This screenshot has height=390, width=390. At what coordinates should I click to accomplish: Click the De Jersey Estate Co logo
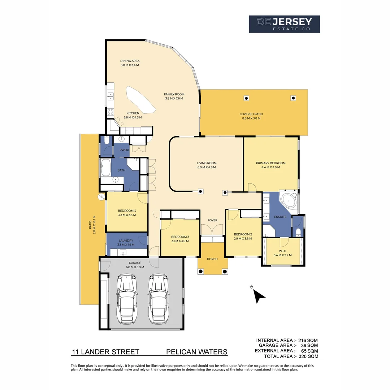(x=284, y=24)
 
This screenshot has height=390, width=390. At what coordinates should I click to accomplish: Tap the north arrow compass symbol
(x=259, y=295)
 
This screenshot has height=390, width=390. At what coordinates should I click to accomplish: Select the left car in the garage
(x=127, y=299)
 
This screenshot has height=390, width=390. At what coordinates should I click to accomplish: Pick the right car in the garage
(x=159, y=299)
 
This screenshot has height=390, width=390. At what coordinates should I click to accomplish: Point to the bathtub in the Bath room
(x=106, y=168)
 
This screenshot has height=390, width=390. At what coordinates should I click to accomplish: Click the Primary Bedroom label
(x=270, y=163)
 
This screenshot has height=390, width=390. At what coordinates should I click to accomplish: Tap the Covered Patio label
(x=251, y=114)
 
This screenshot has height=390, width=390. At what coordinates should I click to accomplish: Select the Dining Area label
(x=130, y=61)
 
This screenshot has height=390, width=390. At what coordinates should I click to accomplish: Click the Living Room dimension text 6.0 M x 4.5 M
(x=207, y=168)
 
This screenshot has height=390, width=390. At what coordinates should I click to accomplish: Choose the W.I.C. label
(x=282, y=251)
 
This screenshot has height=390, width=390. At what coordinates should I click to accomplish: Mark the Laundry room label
(x=126, y=240)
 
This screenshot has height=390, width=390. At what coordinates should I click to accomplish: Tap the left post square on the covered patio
(x=246, y=98)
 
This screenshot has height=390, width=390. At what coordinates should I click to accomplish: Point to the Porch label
(x=212, y=259)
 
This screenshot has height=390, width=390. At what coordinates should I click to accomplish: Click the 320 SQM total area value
(x=308, y=356)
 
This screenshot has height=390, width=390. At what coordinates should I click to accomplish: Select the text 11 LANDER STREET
(x=105, y=352)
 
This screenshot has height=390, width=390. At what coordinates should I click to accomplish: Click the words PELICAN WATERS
(x=197, y=352)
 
